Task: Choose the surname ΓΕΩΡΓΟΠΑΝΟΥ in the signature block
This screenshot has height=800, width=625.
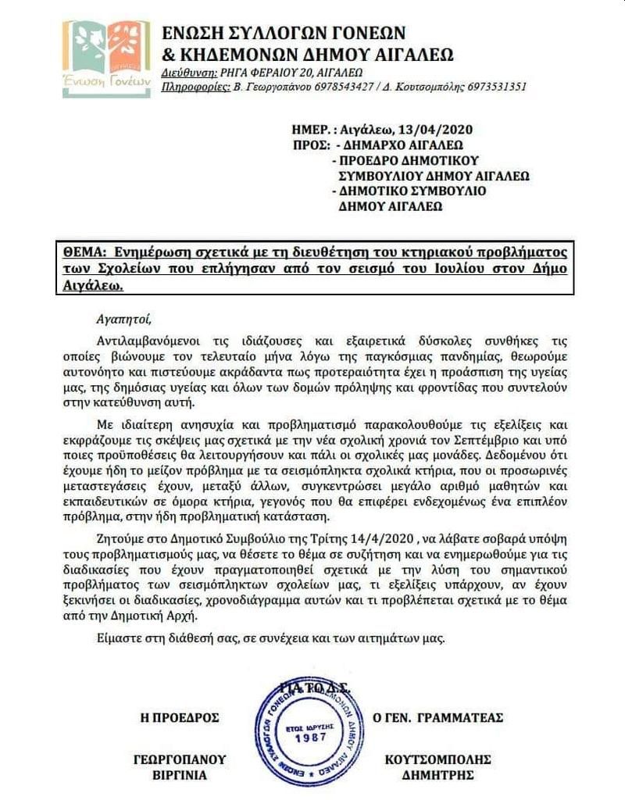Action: [179, 759]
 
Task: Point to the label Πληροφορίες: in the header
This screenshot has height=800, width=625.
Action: [195, 87]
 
